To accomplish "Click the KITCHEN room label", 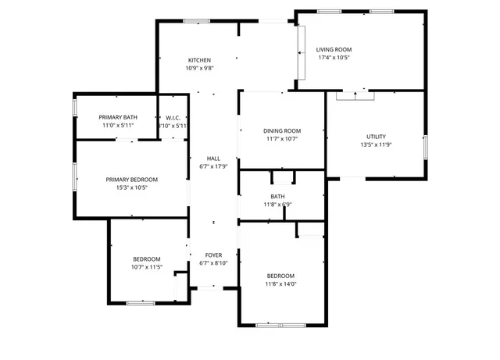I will [200, 60].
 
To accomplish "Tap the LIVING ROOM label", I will [334, 49].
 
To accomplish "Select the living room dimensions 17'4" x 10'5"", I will [334, 57].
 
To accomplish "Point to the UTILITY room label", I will [376, 137].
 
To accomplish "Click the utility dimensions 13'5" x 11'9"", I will [376, 144].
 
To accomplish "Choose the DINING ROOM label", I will [281, 130].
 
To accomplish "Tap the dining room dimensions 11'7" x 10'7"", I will [281, 139].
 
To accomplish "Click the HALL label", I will [213, 158].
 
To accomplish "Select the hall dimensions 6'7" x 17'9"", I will [213, 166].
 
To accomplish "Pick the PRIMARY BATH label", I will [118, 117].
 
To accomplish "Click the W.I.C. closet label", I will [173, 117].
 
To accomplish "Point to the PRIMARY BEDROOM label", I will [132, 179].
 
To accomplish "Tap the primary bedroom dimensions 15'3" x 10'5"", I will [132, 187].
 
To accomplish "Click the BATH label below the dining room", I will [278, 197].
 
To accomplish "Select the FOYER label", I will [213, 255].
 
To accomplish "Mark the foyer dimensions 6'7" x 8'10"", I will [213, 263].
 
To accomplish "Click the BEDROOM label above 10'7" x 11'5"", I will [146, 259].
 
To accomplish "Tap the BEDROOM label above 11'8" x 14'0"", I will [280, 276].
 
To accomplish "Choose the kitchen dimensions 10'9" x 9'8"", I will [200, 68].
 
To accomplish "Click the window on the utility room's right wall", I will [426, 146].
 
